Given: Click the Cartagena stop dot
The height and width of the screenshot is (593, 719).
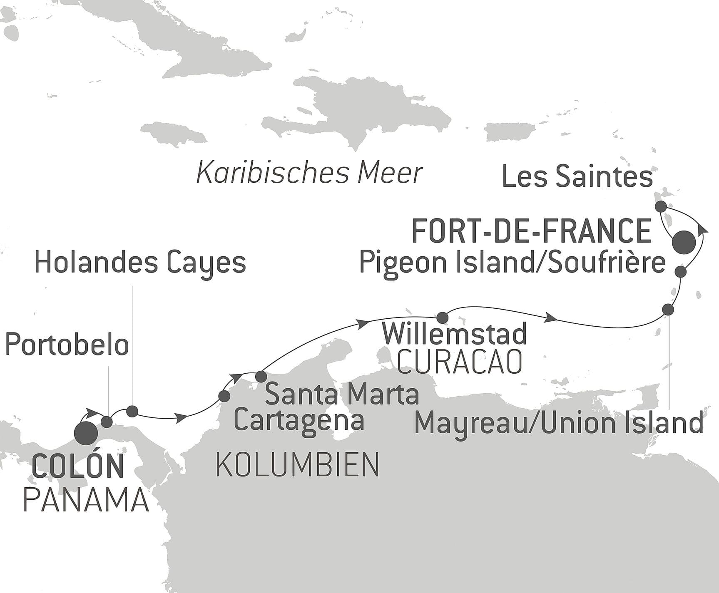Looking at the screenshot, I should pos(224,396).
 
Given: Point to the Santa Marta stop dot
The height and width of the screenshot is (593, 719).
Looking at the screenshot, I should pos(261,377).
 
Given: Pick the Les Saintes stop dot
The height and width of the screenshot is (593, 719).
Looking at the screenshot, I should pos(661,206).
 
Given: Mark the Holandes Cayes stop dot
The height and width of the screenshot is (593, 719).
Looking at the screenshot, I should pos(132,411).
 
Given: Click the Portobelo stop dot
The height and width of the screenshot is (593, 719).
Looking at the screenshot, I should pos(107,422).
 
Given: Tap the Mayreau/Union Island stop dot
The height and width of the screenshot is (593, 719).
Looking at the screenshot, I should pos(668,310).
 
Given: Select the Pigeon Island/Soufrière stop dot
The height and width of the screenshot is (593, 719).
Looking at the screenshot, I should pos(680,272).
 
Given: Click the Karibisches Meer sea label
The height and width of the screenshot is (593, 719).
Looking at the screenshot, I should pos(309,173).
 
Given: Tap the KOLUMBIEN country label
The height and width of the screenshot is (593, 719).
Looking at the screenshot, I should pos(297,465).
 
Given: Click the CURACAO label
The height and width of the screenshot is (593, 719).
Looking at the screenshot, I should pos(460,362).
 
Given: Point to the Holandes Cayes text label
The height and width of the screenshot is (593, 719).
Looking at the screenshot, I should pos(140,263).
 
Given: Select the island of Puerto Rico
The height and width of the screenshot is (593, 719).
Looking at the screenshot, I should pos(510,133).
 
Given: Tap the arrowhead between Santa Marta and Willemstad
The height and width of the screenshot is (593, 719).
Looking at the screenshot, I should pos(363,323).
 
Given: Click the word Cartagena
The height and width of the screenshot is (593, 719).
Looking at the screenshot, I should pos(299,420).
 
